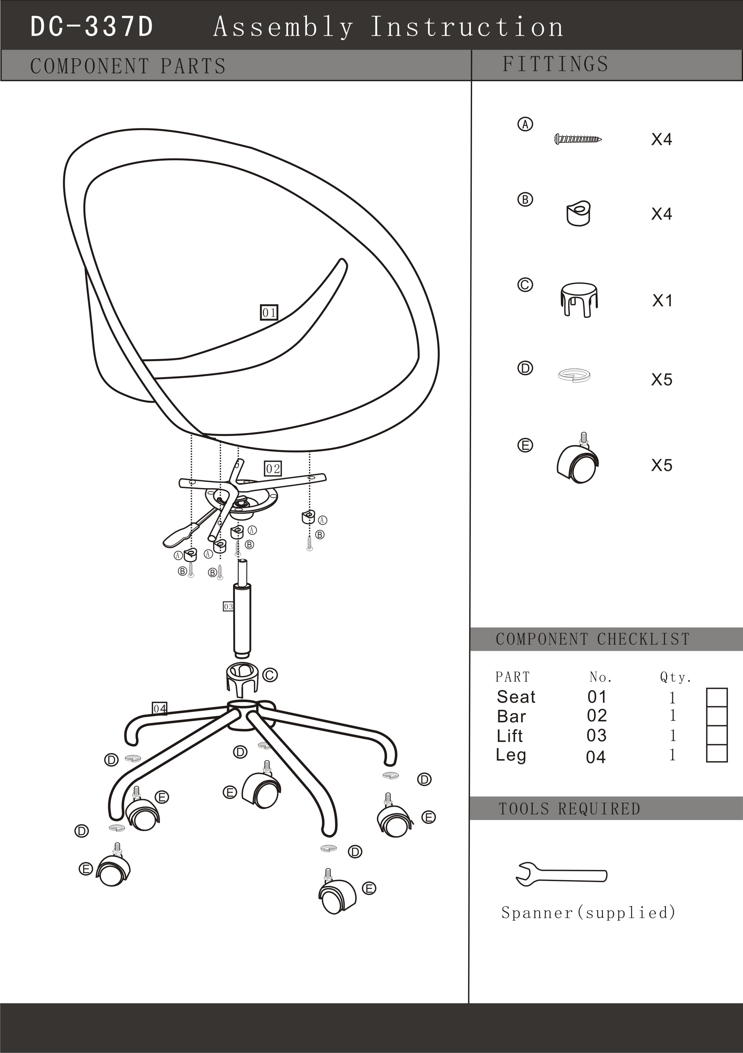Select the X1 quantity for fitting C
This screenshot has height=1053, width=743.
point(662,301)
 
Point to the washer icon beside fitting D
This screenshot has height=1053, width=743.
point(574,376)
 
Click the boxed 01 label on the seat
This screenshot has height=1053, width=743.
point(269,312)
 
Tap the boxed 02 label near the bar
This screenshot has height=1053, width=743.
point(273,469)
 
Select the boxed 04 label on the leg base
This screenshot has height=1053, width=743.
point(160,708)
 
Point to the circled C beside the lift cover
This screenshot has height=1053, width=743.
point(270,675)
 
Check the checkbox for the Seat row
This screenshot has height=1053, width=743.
point(716,697)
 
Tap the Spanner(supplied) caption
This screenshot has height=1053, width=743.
point(588,913)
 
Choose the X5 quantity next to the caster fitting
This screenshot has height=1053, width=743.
point(662,466)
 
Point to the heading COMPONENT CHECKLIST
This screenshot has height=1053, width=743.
point(593,639)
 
